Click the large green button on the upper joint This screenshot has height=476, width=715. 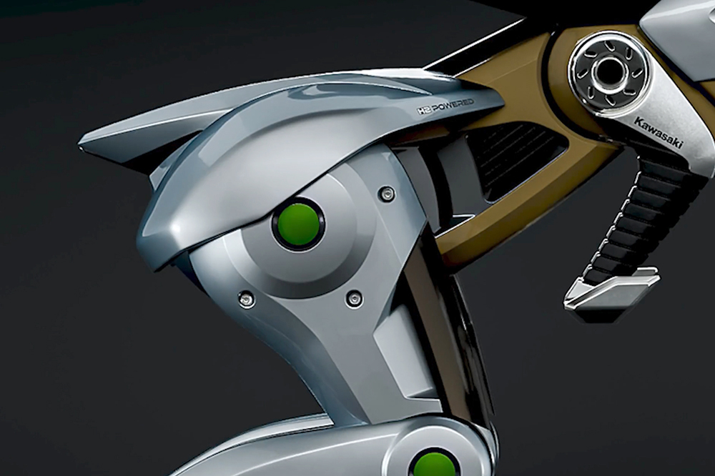(299, 224)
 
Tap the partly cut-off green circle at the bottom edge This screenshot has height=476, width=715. (433, 465)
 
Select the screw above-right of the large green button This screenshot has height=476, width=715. (388, 194)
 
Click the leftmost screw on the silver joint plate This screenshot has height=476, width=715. (246, 299)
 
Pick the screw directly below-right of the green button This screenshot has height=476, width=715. (354, 299)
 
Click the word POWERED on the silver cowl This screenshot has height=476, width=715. (453, 106)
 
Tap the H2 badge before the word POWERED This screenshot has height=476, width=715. (423, 111)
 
